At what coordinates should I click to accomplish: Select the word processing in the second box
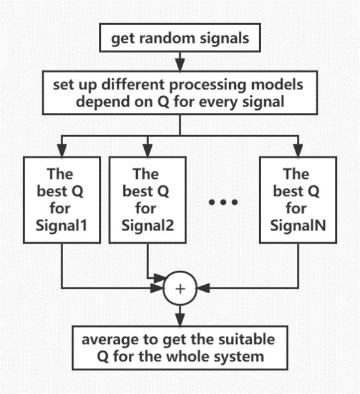207,86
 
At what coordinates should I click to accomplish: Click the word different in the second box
133,84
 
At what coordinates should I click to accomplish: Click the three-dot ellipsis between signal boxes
223,202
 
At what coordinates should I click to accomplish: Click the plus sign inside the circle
180,289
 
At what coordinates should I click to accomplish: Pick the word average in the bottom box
110,340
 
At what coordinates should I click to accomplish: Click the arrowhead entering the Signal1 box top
62,151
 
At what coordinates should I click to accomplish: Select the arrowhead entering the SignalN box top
298,151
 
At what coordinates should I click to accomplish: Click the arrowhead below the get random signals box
180,65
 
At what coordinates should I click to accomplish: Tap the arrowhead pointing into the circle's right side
204,288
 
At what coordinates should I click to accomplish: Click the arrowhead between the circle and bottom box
180,320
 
